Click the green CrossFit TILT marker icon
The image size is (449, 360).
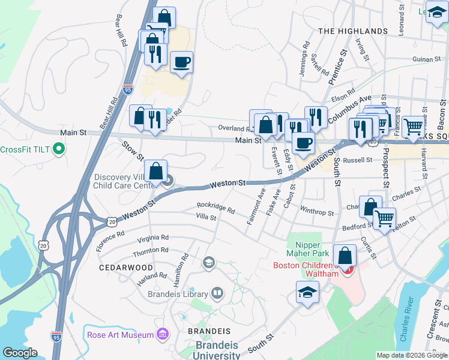click(x=58, y=149)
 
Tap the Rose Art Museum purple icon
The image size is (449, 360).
click(x=161, y=334)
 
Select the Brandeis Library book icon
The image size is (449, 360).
click(x=217, y=293)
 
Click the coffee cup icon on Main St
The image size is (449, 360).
click(x=304, y=143)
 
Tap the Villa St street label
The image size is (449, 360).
click(x=206, y=217)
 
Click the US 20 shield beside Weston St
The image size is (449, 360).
click(x=112, y=221)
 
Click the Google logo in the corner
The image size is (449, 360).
click(x=19, y=353)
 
